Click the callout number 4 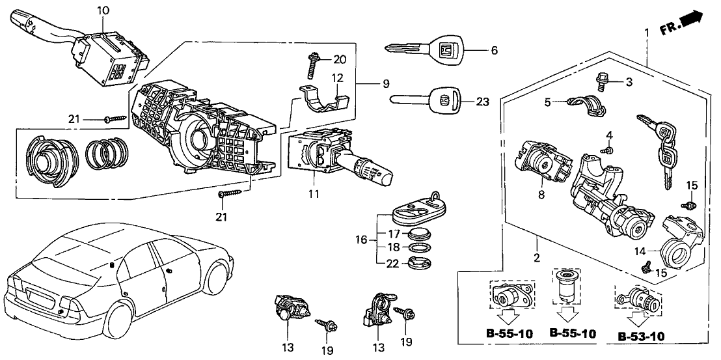click(x=609, y=135)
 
